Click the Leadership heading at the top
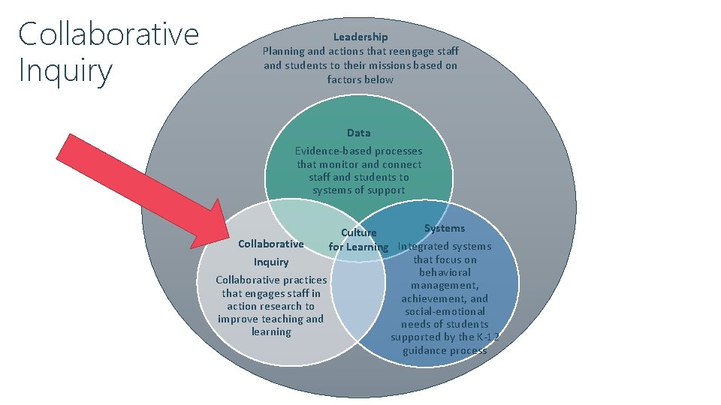coord(360,37)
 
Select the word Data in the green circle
coord(358,133)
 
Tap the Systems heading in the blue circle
coord(445,228)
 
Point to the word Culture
coord(359,232)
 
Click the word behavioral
coord(445,272)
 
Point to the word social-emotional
coord(445,311)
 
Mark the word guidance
coord(424,350)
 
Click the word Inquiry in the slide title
coord(65,72)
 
